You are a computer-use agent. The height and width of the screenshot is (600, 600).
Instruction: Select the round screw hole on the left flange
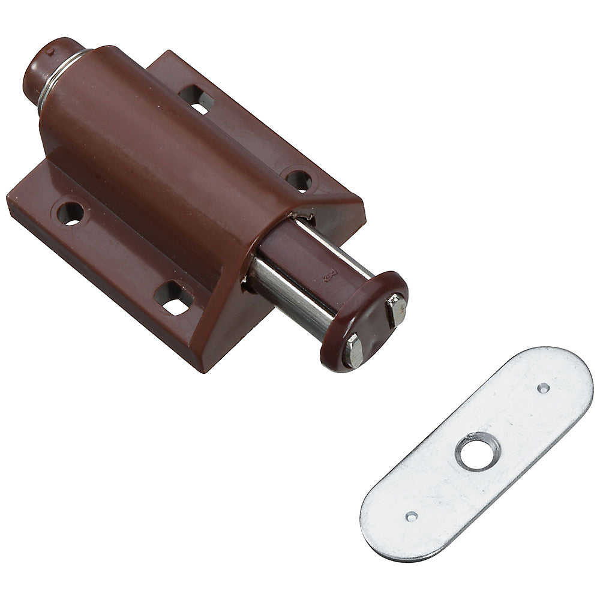tap(71, 213)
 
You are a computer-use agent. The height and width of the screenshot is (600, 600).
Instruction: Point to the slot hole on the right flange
tap(197, 98)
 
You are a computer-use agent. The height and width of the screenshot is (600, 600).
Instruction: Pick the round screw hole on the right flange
tap(298, 179)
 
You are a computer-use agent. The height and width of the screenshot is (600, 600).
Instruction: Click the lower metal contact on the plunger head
tap(353, 351)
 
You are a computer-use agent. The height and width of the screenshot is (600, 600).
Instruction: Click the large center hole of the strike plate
tap(476, 452)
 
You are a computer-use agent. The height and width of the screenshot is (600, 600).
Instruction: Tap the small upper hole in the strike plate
tap(543, 388)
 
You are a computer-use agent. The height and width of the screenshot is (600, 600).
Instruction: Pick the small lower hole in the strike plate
tap(411, 516)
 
